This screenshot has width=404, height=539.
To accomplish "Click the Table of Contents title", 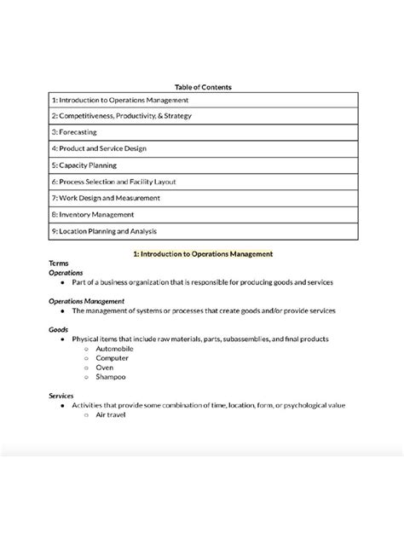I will tap(202, 87).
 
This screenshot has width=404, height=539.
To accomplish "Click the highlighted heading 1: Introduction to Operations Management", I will tap(203, 253).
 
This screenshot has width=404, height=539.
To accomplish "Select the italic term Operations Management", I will tap(87, 301).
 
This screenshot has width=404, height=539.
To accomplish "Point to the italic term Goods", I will tap(60, 329).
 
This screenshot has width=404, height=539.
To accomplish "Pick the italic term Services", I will tap(62, 396).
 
